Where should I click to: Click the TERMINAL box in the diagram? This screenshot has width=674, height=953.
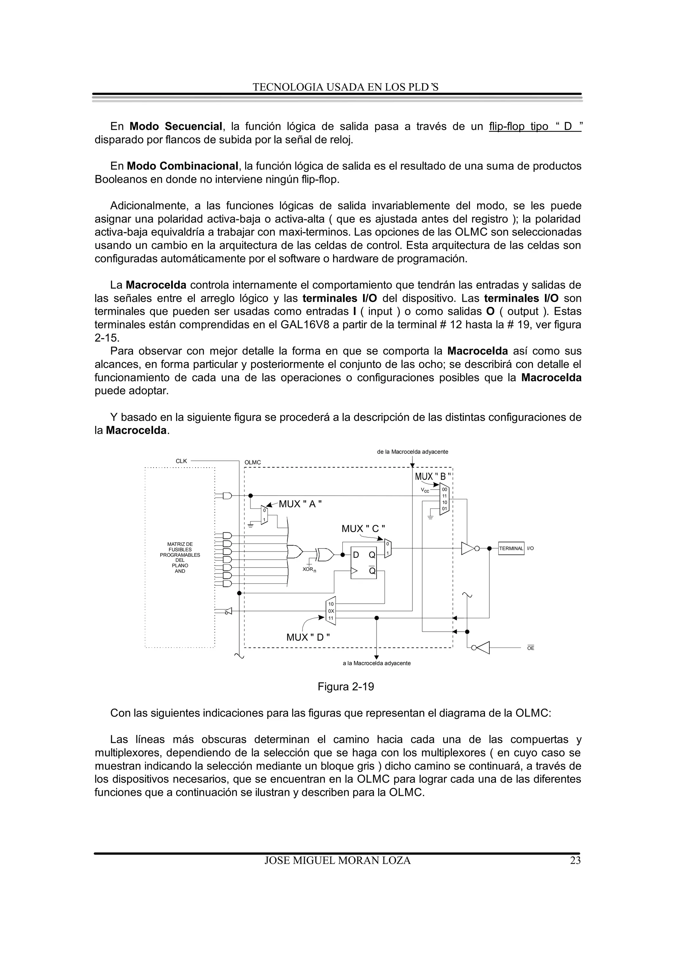pos(511,548)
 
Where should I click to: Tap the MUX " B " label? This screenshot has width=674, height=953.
pos(433,477)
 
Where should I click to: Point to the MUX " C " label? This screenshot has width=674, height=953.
pos(363,529)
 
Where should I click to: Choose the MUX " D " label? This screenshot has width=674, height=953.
pos(308,637)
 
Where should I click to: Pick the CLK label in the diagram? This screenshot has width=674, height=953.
pos(181,461)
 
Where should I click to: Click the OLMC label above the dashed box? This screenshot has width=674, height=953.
pos(252,462)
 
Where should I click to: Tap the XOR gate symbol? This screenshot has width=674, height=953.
pos(324,554)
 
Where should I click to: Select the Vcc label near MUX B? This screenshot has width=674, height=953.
pos(425,490)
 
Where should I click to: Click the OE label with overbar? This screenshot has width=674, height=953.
pos(531,648)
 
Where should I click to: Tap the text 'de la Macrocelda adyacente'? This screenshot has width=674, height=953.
pos(412,452)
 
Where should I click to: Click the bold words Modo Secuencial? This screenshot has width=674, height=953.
pos(176,126)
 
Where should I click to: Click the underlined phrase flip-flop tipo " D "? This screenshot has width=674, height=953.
pos(535,126)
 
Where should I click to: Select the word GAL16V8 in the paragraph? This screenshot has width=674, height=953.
pos(303,325)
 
